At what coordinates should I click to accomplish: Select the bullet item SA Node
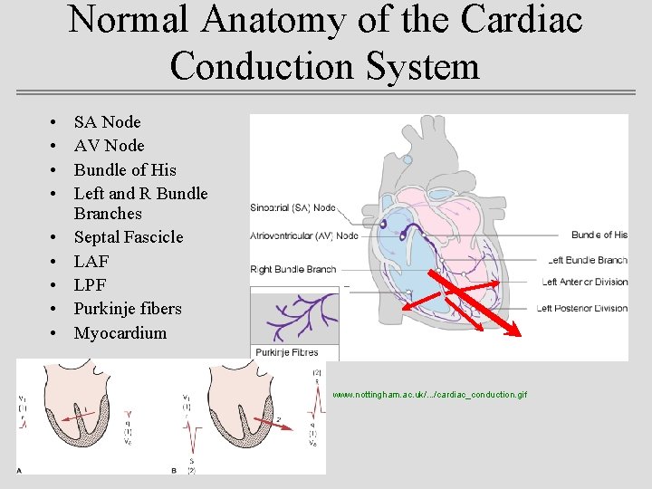coord(107,121)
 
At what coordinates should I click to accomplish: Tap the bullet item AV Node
coord(109,145)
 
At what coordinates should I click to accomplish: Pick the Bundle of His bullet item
coord(125,169)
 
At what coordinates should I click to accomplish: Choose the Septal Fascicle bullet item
coord(128,237)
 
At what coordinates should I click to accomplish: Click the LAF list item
coord(91,261)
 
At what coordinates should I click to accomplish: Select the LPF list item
coord(90,285)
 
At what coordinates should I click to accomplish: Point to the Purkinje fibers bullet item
coord(127,309)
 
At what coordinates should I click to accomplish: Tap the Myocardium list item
coord(120,332)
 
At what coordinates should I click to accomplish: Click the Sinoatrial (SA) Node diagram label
coord(292,208)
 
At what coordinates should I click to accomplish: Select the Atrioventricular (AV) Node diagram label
coord(303,236)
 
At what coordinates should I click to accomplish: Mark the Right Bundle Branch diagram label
coord(292,269)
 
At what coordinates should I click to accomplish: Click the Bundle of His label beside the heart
coord(599,235)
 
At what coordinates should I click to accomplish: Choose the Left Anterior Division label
coord(584,283)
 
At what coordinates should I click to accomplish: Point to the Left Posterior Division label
coord(582,309)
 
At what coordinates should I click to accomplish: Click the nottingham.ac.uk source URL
coord(429,395)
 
